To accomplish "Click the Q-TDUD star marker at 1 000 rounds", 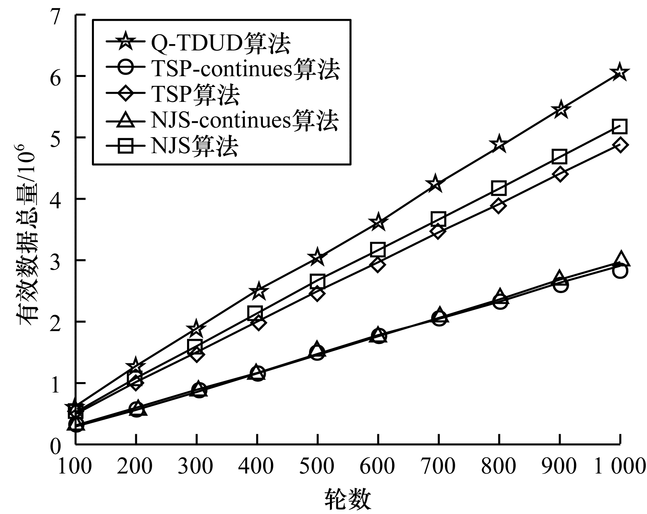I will pyautogui.click(x=620, y=72).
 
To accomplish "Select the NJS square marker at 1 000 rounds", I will pyautogui.click(x=620, y=127).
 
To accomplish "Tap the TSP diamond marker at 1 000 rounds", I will pyautogui.click(x=620, y=145).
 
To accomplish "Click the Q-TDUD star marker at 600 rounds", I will pyautogui.click(x=378, y=222).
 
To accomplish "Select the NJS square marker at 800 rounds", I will pyautogui.click(x=499, y=188).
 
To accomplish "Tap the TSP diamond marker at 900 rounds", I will pyautogui.click(x=560, y=174).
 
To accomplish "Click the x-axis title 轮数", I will pyautogui.click(x=348, y=499).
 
